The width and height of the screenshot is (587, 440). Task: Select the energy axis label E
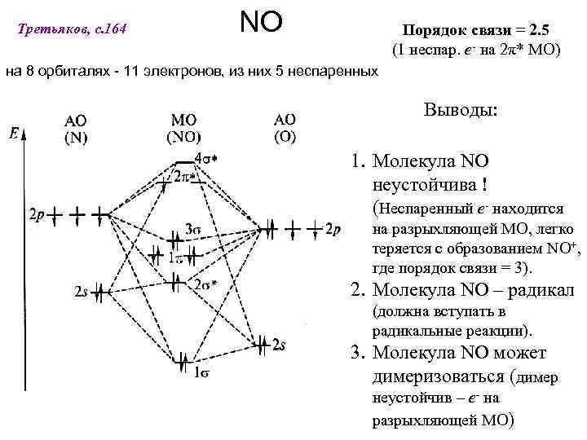16,132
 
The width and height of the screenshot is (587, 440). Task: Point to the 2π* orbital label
183,176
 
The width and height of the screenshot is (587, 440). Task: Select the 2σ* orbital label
206,284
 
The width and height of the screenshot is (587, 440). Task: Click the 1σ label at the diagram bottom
203,373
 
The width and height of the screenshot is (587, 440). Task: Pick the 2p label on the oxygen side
332,230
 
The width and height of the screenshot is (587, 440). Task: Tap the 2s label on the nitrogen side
81,291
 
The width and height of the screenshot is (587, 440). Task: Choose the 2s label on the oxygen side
278,345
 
